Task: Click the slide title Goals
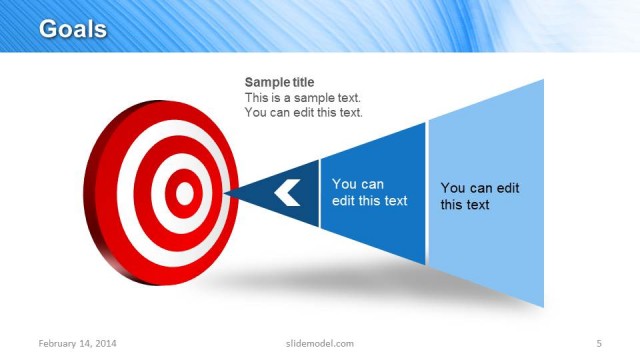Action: pos(72,29)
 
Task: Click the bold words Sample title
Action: pos(286,82)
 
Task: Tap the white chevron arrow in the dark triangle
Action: pos(288,191)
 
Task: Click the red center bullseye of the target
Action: pos(183,191)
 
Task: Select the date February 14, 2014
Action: pos(77,344)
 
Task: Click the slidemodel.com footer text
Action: pos(320,344)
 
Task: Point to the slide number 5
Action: pos(599,344)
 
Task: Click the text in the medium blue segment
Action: pos(369,192)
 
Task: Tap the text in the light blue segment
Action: pos(480,196)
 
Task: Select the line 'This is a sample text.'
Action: pos(303,98)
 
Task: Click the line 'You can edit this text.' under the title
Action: pos(304,113)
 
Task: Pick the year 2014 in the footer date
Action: pos(105,344)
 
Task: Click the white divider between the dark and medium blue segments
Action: pos(320,192)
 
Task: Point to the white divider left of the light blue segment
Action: pos(427,192)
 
